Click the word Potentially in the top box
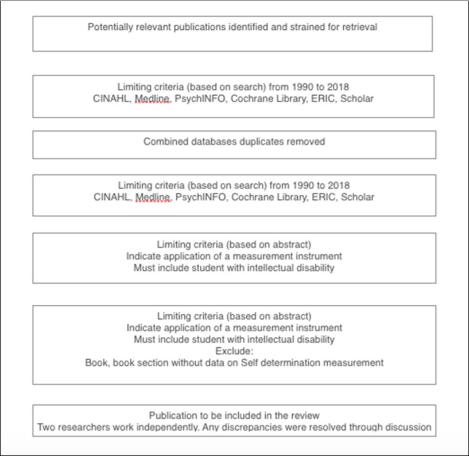[x=110, y=27]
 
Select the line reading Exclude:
[x=234, y=351]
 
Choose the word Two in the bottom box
[x=46, y=427]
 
